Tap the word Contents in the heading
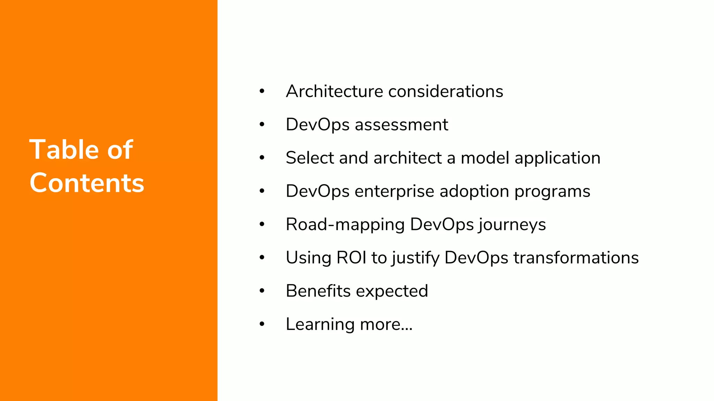point(87,183)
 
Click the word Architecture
point(334,92)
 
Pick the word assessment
point(401,125)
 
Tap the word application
point(557,158)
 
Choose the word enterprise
point(394,191)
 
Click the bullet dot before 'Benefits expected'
point(262,291)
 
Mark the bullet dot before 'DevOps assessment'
point(262,125)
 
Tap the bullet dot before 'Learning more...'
point(262,324)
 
